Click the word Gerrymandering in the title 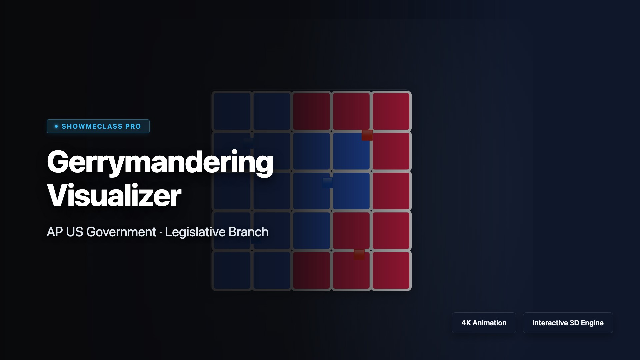(160, 162)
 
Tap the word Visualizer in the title (114, 195)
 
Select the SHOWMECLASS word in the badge (92, 126)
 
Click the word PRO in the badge (133, 126)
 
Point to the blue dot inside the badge (56, 126)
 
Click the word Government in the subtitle (121, 232)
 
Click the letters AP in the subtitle (55, 232)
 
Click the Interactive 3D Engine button (568, 323)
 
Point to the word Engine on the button (592, 323)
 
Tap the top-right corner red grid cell (391, 111)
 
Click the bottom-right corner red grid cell (391, 270)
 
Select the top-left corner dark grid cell (232, 111)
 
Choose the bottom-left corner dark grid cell (232, 270)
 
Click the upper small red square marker (367, 135)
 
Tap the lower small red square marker (359, 254)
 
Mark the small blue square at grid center (328, 183)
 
